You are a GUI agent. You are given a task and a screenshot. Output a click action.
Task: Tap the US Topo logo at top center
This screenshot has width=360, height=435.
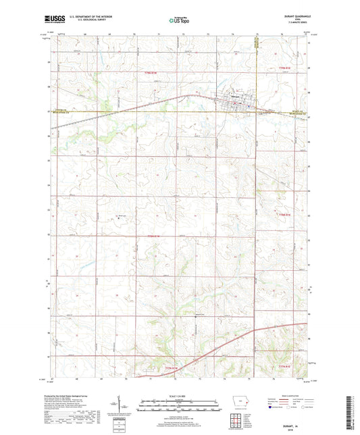click(180, 20)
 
